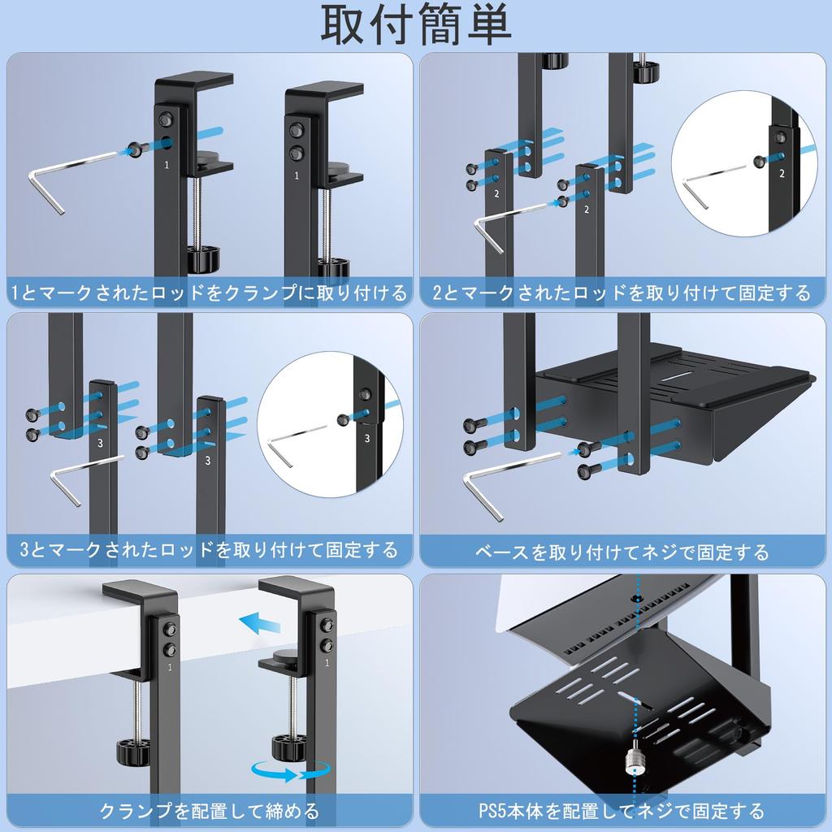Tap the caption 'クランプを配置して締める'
pos(209,810)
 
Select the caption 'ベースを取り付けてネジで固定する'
pos(622,552)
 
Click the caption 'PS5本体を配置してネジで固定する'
pos(622,810)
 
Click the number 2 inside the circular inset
pos(782,173)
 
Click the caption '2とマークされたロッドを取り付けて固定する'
pos(622,292)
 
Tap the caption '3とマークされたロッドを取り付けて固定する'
pos(209,550)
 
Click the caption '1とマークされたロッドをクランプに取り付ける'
pos(209,292)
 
